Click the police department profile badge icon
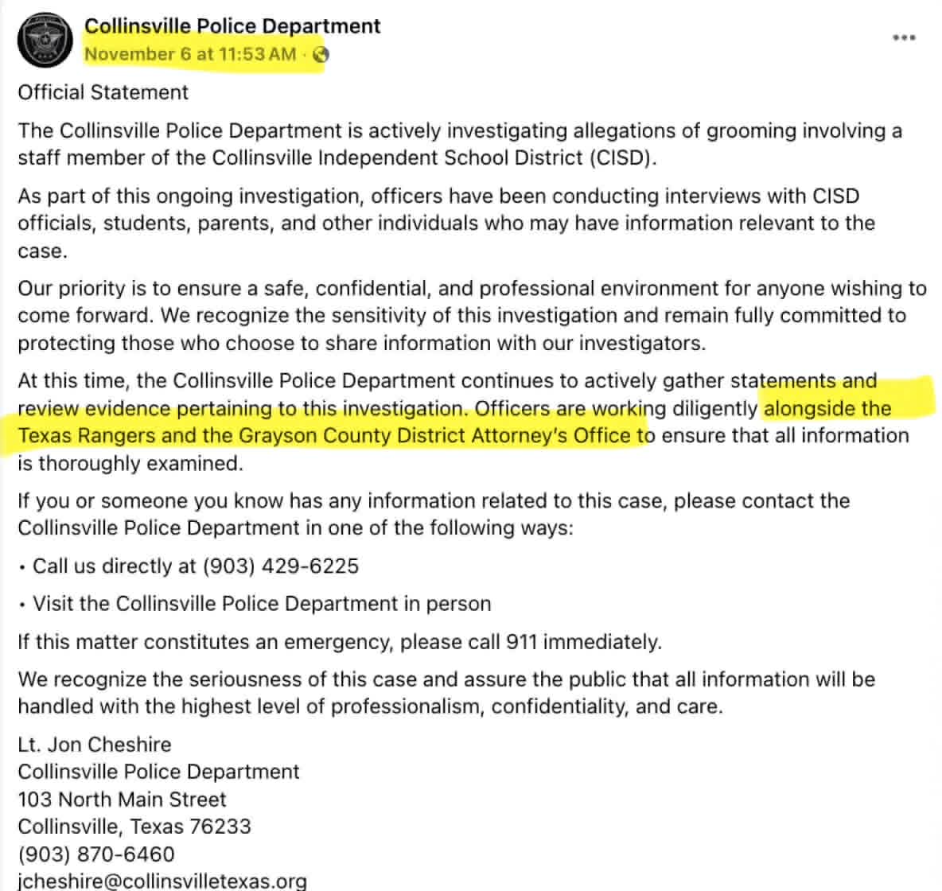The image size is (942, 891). pos(45,39)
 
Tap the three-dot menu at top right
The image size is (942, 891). pos(904,37)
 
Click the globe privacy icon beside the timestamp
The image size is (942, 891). pos(321,55)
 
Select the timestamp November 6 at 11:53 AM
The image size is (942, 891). pos(190,54)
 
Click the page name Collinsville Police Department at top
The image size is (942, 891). pos(232,26)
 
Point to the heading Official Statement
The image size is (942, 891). pos(103,92)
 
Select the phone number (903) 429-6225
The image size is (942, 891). pos(281,566)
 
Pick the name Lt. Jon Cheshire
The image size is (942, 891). pos(95,744)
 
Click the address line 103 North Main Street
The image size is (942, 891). pos(123,799)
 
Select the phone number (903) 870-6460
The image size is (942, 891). pos(96,854)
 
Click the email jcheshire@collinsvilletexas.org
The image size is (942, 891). pos(162,881)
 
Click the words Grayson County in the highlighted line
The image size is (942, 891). pos(307,435)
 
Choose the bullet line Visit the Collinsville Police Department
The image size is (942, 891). pos(262,603)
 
